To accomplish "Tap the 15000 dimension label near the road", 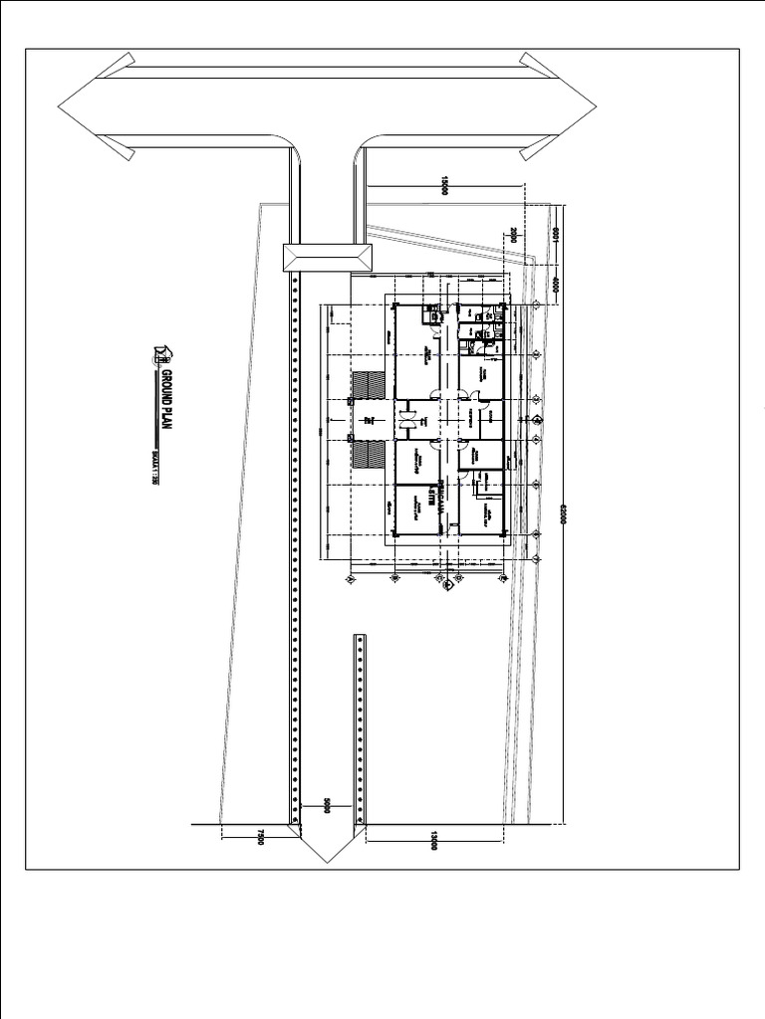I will click(444, 186).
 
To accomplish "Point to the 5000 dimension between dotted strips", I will click(326, 804).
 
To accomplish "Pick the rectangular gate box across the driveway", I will click(328, 257).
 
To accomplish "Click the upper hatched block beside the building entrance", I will click(369, 383).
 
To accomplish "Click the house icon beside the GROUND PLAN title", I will click(163, 352).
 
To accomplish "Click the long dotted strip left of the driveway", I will click(295, 547).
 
